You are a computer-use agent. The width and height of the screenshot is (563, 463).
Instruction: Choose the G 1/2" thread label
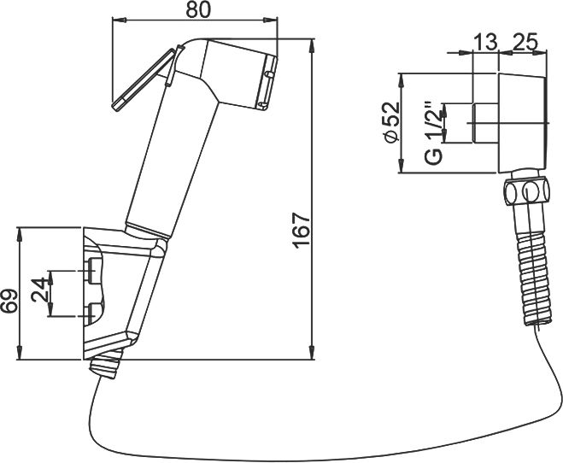(433, 132)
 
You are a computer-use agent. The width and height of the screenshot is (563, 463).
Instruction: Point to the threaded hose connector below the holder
(105, 367)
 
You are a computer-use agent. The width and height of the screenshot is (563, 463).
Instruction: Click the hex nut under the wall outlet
(524, 191)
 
